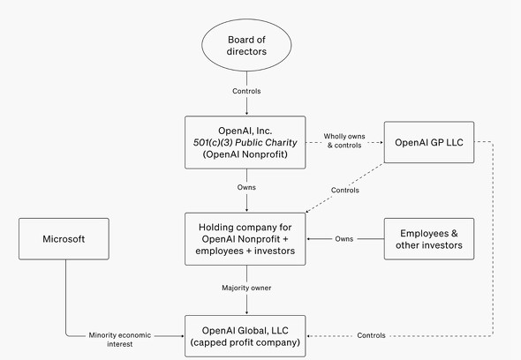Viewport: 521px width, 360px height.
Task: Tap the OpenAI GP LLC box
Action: pyautogui.click(x=429, y=142)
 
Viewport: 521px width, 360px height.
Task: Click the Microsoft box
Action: pyautogui.click(x=64, y=239)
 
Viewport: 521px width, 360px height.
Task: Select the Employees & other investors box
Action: pyautogui.click(x=429, y=238)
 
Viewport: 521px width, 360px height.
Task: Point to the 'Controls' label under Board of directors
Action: pyautogui.click(x=247, y=91)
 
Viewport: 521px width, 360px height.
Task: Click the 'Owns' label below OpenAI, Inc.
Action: pyautogui.click(x=247, y=187)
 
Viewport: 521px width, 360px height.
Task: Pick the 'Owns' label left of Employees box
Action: pyautogui.click(x=344, y=238)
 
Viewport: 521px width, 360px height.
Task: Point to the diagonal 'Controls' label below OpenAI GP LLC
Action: pyautogui.click(x=345, y=190)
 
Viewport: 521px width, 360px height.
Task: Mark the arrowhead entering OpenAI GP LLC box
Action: pyautogui.click(x=380, y=142)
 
